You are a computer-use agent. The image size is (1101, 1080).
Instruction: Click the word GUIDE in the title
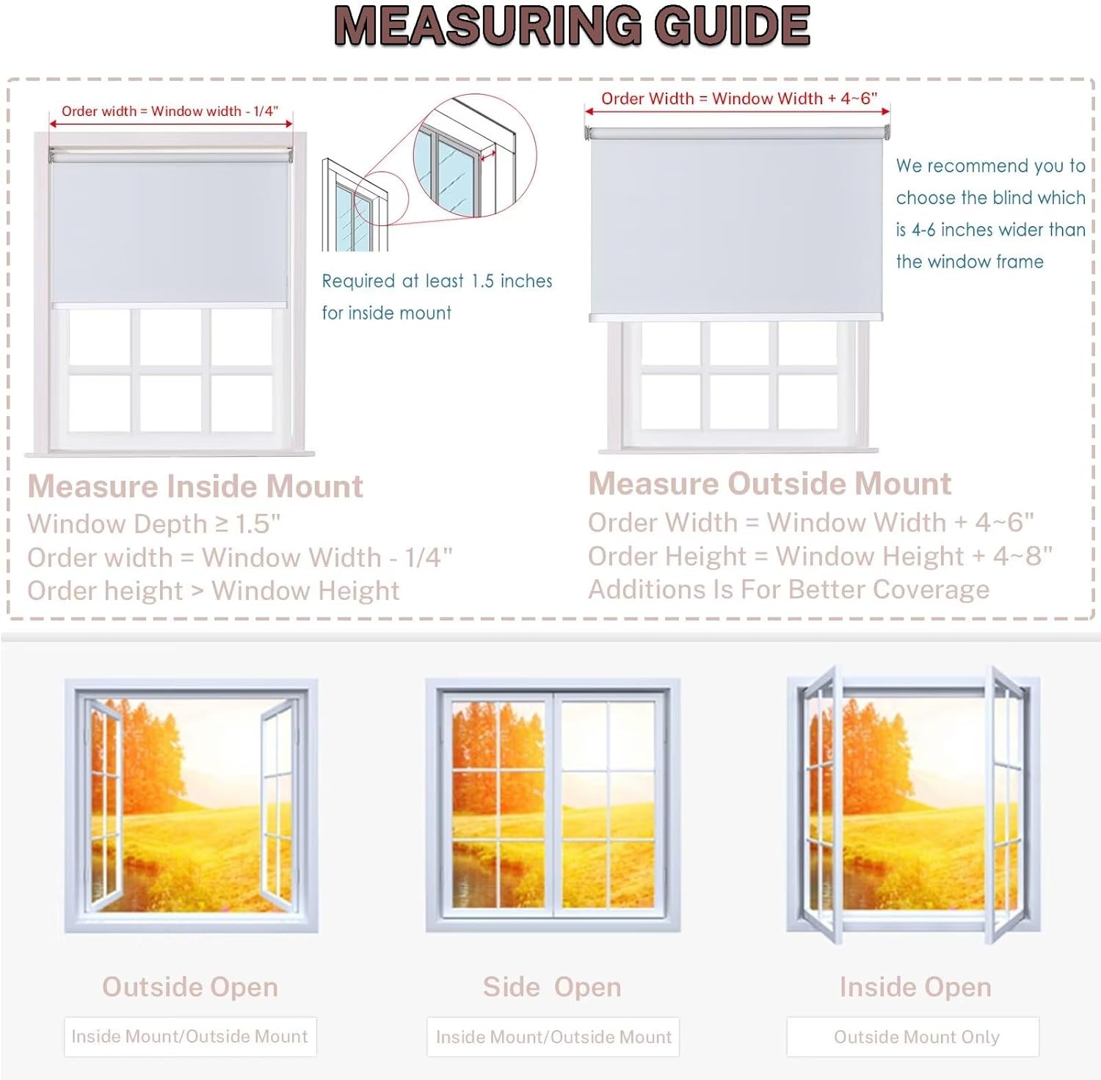click(x=733, y=26)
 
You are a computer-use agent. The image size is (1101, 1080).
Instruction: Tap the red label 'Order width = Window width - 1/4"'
click(x=170, y=112)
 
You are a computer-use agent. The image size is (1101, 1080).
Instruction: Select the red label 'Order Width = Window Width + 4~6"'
click(x=739, y=98)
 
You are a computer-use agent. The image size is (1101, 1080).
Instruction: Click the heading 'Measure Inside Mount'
click(x=195, y=486)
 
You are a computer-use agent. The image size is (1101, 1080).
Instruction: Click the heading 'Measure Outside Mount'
click(x=770, y=483)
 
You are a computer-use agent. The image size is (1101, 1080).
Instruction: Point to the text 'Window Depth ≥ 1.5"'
click(x=154, y=524)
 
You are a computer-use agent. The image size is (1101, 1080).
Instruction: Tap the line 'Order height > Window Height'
click(x=214, y=591)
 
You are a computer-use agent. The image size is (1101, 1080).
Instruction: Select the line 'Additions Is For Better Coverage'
click(x=789, y=590)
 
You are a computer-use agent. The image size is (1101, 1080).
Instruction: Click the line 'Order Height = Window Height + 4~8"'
click(x=821, y=557)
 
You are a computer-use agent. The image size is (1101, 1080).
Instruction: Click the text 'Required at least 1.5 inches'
click(x=437, y=281)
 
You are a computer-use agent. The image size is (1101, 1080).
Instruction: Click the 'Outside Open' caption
click(x=190, y=987)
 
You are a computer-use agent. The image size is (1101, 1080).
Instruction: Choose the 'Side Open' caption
click(x=552, y=987)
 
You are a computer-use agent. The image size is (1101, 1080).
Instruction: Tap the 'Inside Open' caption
click(x=915, y=987)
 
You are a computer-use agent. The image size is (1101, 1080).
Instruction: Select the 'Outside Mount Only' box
click(x=913, y=1037)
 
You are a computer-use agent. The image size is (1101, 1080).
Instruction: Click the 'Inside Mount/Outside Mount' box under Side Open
click(x=553, y=1037)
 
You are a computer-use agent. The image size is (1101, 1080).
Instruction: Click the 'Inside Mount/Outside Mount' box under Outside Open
click(x=190, y=1037)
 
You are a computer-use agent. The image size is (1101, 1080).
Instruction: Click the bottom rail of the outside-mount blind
click(x=736, y=317)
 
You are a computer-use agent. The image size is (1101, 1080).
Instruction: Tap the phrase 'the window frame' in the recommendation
click(x=970, y=262)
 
